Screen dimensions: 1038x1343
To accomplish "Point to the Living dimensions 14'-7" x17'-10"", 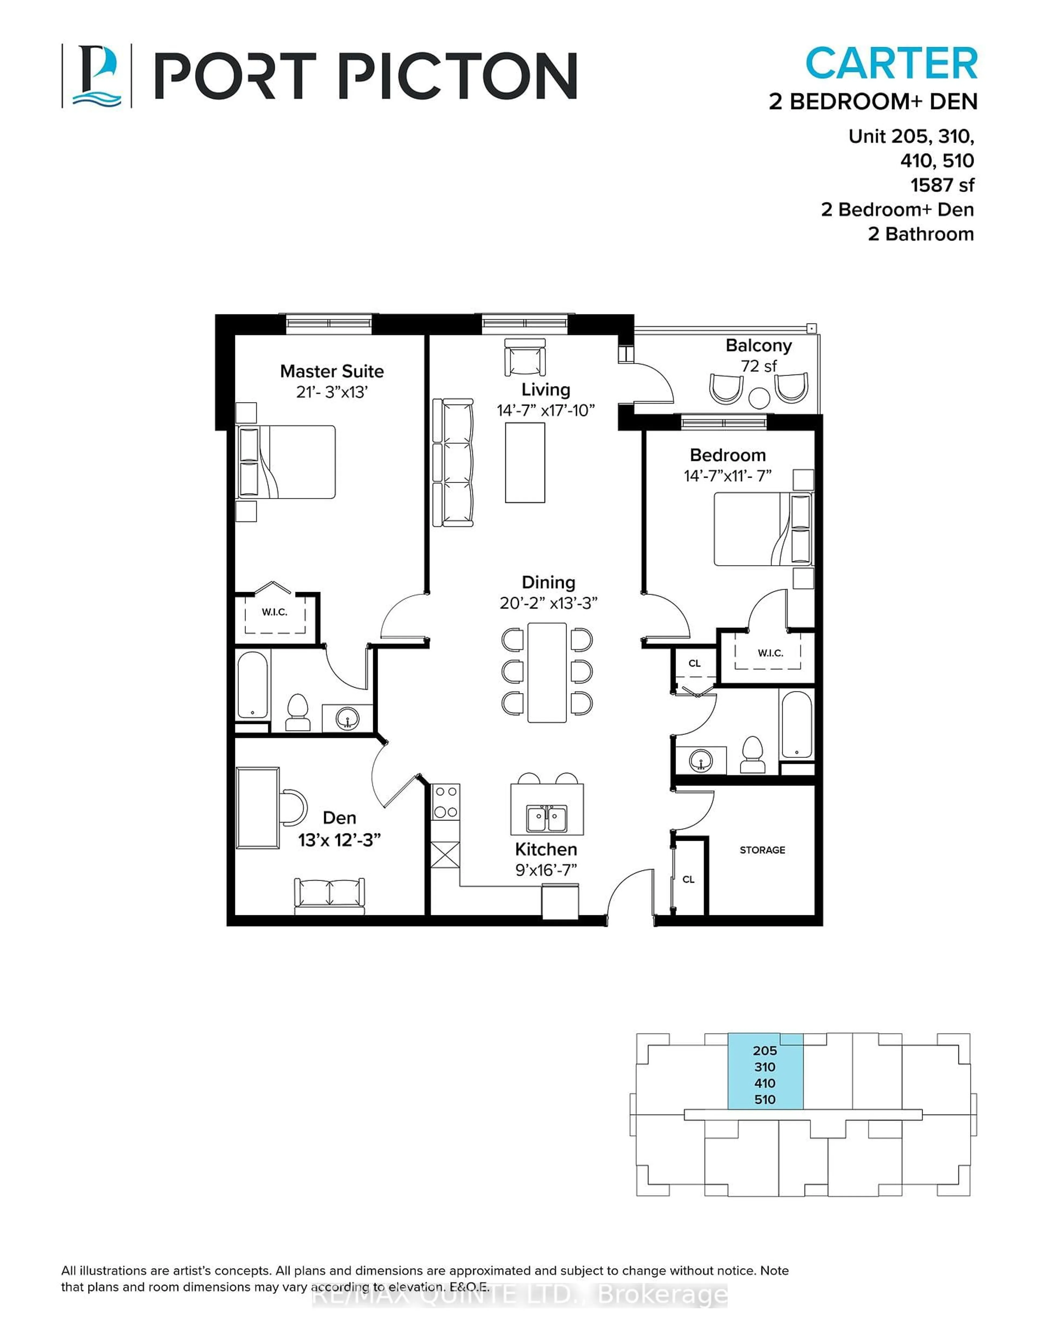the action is tap(546, 410).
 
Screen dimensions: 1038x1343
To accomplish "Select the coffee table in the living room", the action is tap(525, 463).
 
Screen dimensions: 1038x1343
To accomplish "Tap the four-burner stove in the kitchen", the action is tap(445, 802).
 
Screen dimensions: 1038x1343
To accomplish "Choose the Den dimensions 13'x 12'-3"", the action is tap(340, 839).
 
